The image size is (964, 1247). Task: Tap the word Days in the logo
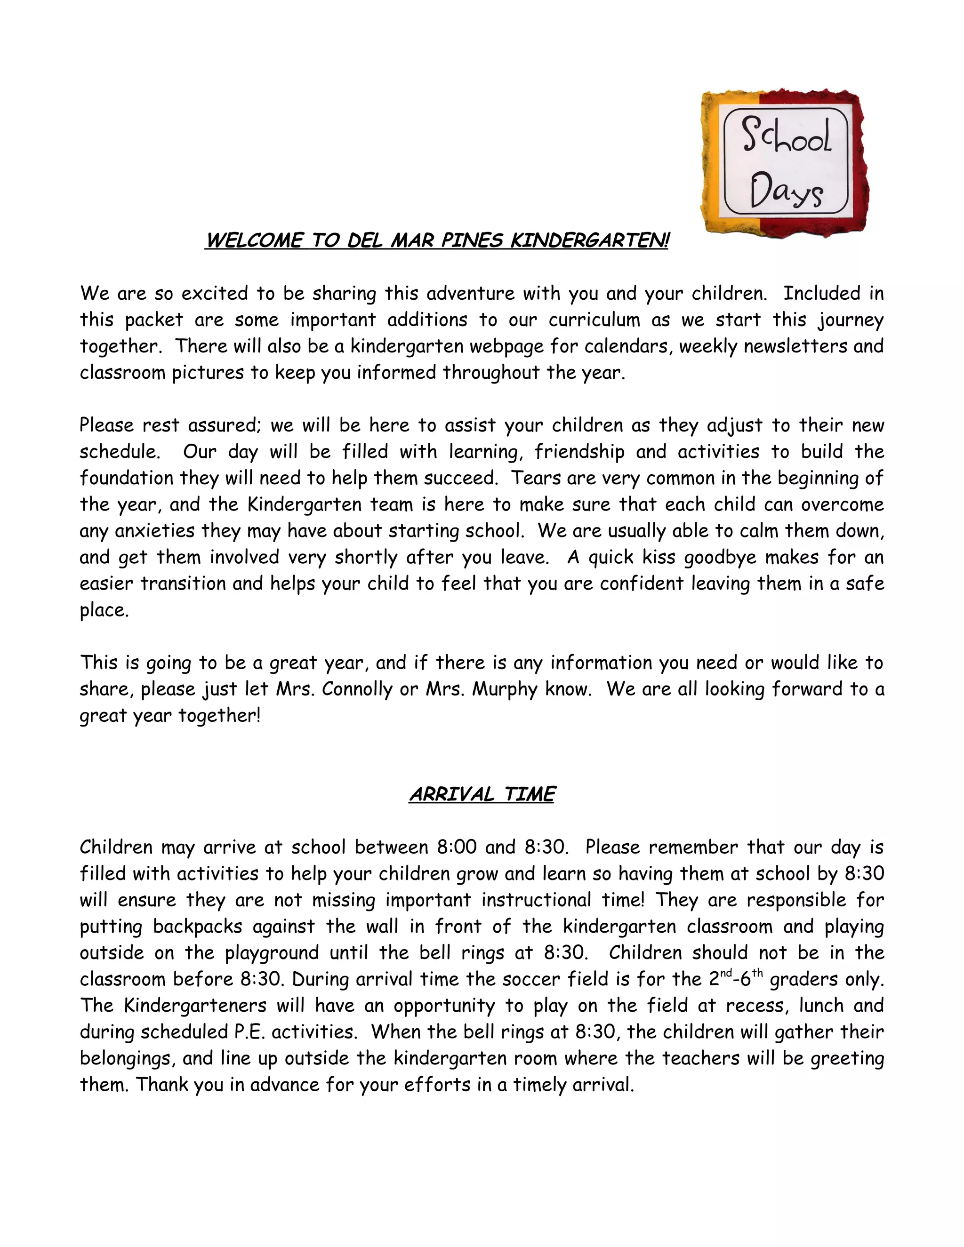(x=786, y=191)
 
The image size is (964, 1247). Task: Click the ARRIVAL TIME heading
(x=482, y=794)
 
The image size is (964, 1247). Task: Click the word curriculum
(x=594, y=320)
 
